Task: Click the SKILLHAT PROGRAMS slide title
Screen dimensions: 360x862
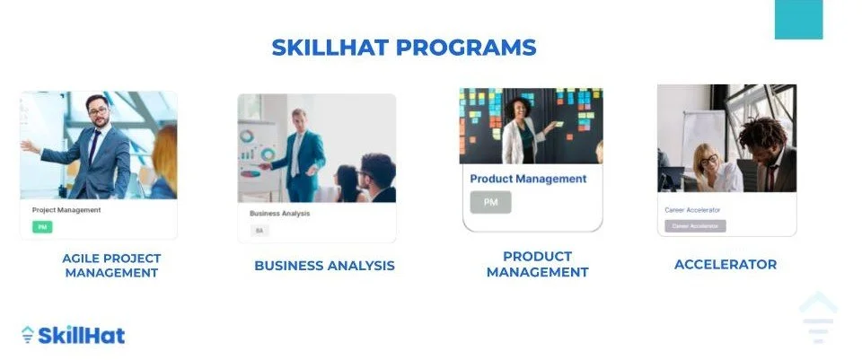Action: point(403,48)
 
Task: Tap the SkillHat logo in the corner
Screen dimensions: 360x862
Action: point(73,335)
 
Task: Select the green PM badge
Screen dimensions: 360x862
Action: point(42,227)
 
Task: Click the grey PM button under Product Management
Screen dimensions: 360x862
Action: point(490,202)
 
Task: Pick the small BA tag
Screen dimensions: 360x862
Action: point(259,231)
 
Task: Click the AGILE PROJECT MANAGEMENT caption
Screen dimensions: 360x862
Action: point(111,265)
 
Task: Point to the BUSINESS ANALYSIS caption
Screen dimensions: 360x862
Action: point(324,266)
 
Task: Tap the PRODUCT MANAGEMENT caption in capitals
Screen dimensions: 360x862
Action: point(537,264)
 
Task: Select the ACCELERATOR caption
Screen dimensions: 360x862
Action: point(726,264)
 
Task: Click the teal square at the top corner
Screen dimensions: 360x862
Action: point(798,19)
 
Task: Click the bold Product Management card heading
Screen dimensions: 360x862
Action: point(528,179)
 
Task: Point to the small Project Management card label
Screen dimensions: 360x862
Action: point(66,210)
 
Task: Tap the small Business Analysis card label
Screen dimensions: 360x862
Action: point(279,214)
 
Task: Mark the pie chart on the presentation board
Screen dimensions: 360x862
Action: point(246,137)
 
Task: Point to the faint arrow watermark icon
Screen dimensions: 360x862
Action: point(817,317)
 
